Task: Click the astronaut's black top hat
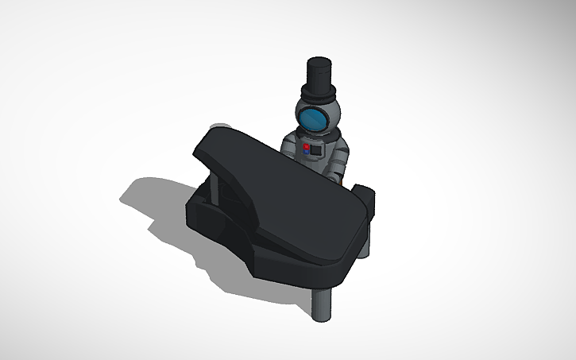point(319,75)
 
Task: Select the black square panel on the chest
point(317,149)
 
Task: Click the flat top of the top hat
point(319,62)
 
